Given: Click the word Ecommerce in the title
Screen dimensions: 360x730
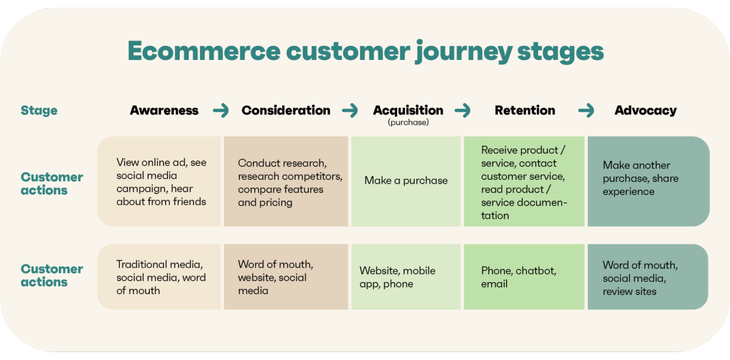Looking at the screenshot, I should [x=204, y=51].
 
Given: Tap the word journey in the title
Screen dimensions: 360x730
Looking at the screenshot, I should [x=463, y=52].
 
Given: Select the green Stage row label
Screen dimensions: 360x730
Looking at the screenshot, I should [x=39, y=110].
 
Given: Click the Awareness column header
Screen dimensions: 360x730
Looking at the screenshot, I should [x=164, y=110].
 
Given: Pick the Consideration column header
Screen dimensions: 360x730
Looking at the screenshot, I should [x=286, y=110].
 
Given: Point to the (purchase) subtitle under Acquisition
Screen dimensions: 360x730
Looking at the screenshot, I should [x=408, y=123].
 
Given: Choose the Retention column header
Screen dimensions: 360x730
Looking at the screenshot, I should [x=525, y=110].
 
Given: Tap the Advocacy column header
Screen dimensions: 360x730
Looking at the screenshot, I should [x=645, y=110].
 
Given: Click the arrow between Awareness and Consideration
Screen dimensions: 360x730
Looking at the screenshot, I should [x=221, y=111].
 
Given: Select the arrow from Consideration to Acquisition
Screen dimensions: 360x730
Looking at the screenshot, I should [x=350, y=111].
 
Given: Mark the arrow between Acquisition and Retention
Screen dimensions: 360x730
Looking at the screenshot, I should [x=462, y=111].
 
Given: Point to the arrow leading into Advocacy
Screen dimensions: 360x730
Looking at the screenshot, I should [x=586, y=111].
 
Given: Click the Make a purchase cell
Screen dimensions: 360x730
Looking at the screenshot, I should [x=406, y=181].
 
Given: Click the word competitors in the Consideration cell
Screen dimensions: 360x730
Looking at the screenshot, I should [x=317, y=176].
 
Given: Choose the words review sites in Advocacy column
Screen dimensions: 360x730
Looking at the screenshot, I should [x=629, y=292].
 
